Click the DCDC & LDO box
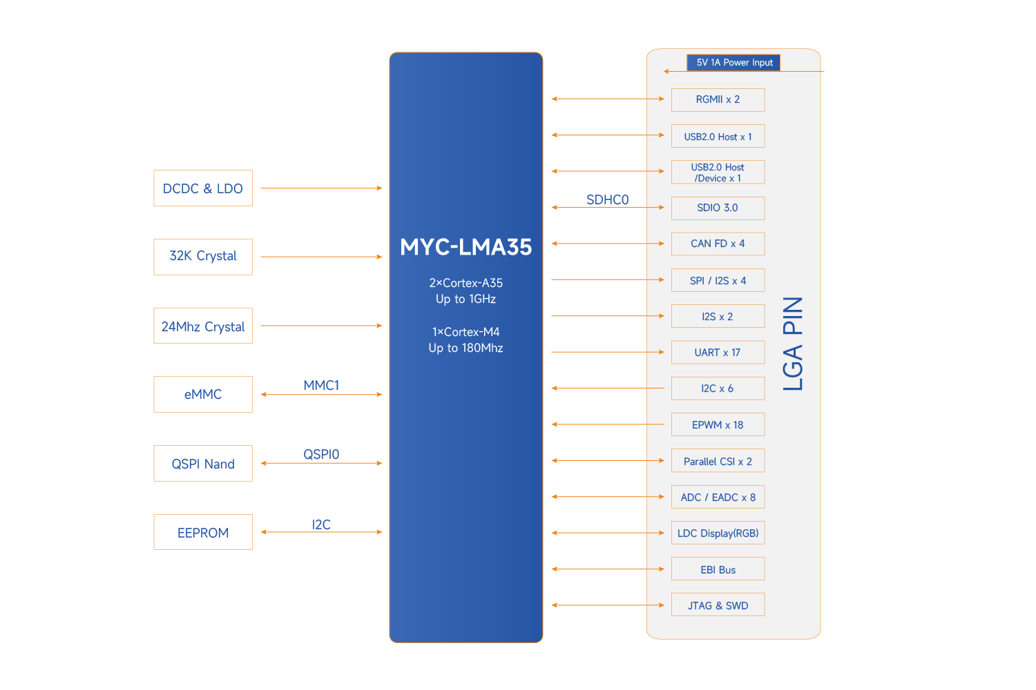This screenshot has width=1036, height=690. [203, 188]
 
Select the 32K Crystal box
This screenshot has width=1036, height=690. [203, 257]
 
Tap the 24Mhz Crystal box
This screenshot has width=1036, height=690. [203, 326]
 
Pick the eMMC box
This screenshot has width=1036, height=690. [203, 395]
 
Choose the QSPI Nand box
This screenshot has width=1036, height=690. [203, 464]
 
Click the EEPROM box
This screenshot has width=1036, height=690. [203, 532]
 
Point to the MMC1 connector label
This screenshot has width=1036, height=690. [321, 385]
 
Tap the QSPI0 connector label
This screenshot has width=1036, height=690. [321, 454]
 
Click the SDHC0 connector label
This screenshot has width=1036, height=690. [607, 200]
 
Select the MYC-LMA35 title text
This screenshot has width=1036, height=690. [466, 247]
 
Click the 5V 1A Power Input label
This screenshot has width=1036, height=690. [733, 63]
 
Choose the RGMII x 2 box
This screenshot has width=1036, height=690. [718, 100]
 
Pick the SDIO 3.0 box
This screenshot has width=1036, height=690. [718, 208]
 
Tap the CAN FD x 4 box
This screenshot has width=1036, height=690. [718, 244]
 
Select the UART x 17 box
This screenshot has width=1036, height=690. [718, 353]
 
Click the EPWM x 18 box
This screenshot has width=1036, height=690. [718, 424]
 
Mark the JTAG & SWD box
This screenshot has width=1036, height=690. [718, 605]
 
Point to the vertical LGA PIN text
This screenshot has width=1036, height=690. [793, 344]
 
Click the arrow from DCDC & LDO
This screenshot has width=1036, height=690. [321, 188]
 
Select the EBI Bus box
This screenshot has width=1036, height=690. [718, 569]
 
